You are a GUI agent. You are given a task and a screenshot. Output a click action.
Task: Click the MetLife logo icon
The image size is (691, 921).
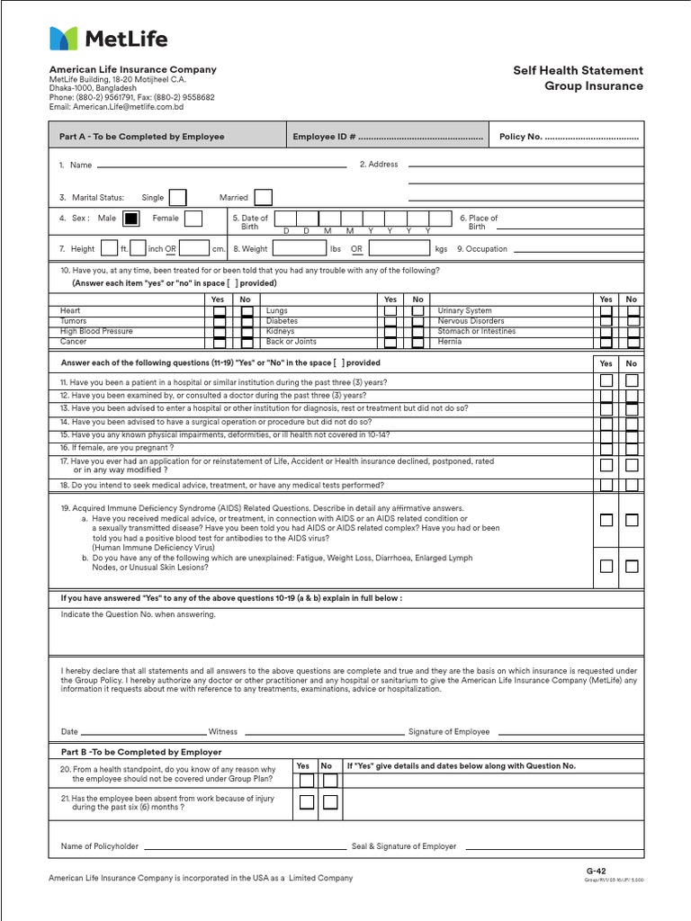click(x=64, y=39)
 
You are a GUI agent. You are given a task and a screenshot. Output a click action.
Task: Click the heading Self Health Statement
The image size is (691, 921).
click(x=578, y=70)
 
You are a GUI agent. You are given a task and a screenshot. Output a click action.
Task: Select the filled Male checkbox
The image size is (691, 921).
click(x=131, y=219)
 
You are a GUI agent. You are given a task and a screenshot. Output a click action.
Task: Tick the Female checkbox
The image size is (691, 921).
click(x=193, y=219)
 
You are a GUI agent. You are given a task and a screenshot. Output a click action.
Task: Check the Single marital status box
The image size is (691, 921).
click(x=177, y=197)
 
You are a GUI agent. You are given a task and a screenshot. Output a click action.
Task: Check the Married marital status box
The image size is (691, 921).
click(x=263, y=197)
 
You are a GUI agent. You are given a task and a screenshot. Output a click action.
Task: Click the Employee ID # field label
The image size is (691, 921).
click(x=325, y=137)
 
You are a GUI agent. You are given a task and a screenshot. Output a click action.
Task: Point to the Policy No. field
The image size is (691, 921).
click(x=569, y=137)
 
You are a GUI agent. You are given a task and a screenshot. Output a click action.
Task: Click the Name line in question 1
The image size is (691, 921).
click(x=220, y=165)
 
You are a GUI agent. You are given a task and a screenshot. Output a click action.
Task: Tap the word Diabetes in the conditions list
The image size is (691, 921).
click(x=282, y=321)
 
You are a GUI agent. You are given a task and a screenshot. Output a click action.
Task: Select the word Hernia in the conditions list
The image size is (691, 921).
click(x=450, y=342)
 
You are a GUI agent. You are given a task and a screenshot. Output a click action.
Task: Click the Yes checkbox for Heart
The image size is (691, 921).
click(x=220, y=311)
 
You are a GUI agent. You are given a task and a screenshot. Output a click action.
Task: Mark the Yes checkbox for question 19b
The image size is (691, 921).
click(x=606, y=566)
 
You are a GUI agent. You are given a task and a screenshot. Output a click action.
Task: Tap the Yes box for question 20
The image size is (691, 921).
click(x=306, y=781)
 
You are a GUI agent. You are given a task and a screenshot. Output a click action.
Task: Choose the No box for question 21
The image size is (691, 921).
click(x=330, y=802)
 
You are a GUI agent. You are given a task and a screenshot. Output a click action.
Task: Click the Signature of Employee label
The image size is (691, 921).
click(x=449, y=732)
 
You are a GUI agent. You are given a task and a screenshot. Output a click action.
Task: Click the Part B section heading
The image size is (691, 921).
click(x=141, y=752)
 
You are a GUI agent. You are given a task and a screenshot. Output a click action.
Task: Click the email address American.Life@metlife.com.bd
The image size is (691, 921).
click(x=116, y=107)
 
